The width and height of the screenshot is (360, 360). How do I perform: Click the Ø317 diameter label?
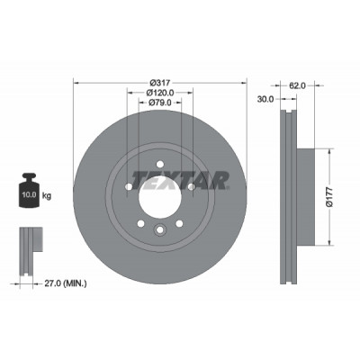(x=160, y=83)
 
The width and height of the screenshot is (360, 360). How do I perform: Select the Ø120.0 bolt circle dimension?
(x=160, y=93)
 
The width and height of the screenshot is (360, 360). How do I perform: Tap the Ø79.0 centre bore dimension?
(x=160, y=103)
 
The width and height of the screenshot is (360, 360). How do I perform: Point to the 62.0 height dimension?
(x=297, y=85)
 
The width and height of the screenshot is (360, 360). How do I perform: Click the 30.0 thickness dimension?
(x=265, y=99)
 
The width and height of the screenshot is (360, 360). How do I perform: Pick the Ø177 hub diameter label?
(x=329, y=196)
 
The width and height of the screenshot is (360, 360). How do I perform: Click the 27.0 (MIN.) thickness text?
(x=66, y=283)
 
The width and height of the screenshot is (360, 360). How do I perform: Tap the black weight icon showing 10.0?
(x=29, y=190)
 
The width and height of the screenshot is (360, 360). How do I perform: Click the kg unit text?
(x=47, y=196)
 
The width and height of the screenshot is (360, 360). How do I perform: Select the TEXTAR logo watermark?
(x=180, y=181)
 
